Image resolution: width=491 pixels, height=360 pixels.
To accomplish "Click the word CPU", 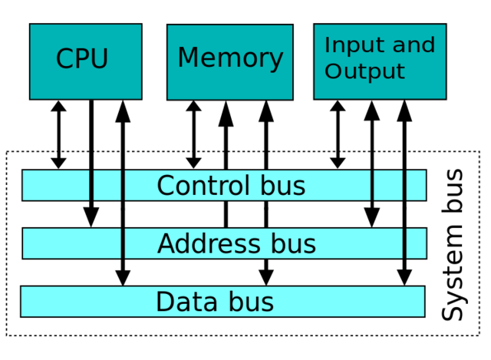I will coord(82,60).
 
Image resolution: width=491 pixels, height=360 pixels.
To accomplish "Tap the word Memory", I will coord(230,58).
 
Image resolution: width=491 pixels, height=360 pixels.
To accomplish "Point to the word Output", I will coord(364,72).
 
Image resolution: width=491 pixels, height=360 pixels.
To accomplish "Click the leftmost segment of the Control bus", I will coord(56,186).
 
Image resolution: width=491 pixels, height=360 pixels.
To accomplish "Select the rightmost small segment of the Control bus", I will coord(416,186).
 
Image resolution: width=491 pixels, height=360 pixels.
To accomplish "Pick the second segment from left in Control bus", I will coord(107,186).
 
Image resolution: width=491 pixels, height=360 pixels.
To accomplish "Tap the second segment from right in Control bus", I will coord(388,186).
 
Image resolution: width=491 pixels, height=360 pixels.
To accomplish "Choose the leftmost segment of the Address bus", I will coord(72,243).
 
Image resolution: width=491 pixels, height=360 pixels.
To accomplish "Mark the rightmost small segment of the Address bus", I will coord(416,243).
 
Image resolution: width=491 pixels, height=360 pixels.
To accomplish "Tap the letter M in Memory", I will coord(188,58).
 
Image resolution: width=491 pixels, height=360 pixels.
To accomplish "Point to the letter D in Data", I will coord(164,302).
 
